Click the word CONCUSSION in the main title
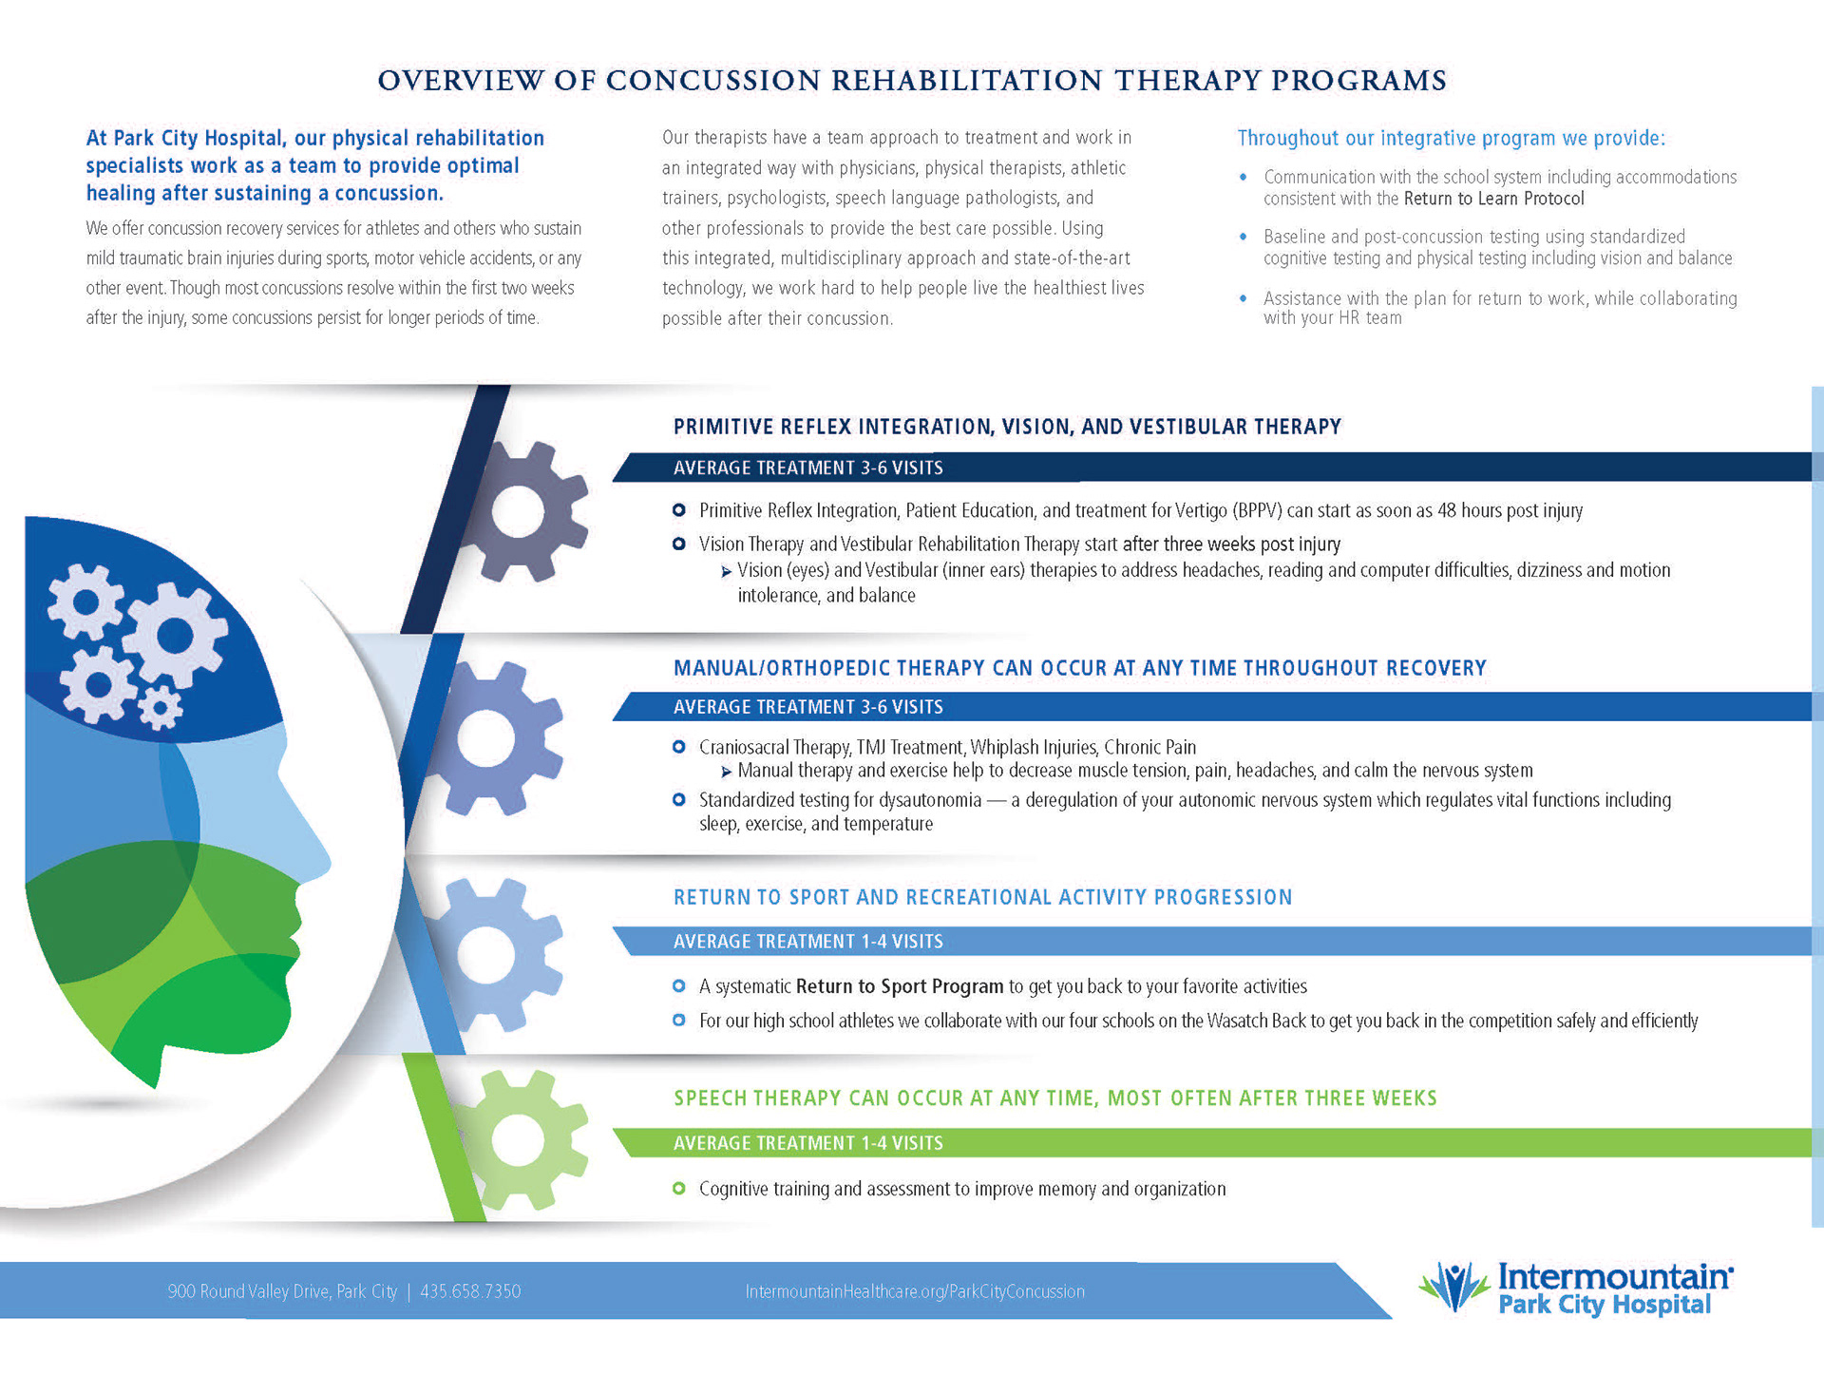click(712, 81)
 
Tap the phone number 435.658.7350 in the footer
click(470, 1291)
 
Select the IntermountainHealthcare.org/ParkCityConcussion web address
click(915, 1291)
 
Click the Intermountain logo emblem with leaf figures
click(1453, 1288)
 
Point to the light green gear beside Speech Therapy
click(519, 1139)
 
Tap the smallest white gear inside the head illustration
click(160, 708)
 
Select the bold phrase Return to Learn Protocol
click(1494, 199)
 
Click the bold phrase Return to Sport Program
click(899, 986)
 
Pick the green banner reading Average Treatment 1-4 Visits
click(807, 1143)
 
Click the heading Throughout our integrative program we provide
click(1451, 139)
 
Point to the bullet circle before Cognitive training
click(678, 1189)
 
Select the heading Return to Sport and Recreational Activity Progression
click(982, 898)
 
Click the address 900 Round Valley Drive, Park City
click(282, 1291)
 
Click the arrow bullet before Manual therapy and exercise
click(727, 772)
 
